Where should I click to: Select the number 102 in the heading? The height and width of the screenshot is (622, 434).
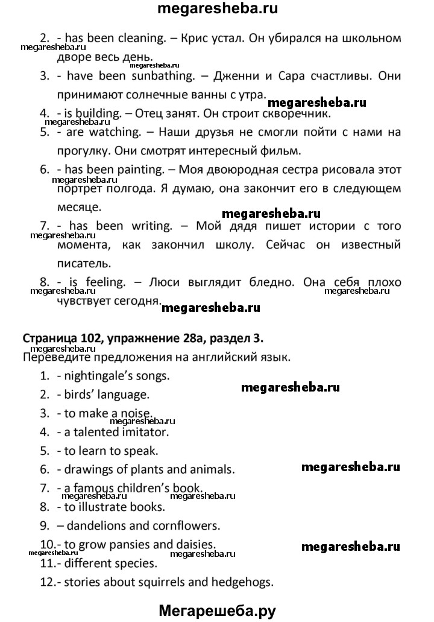99,340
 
